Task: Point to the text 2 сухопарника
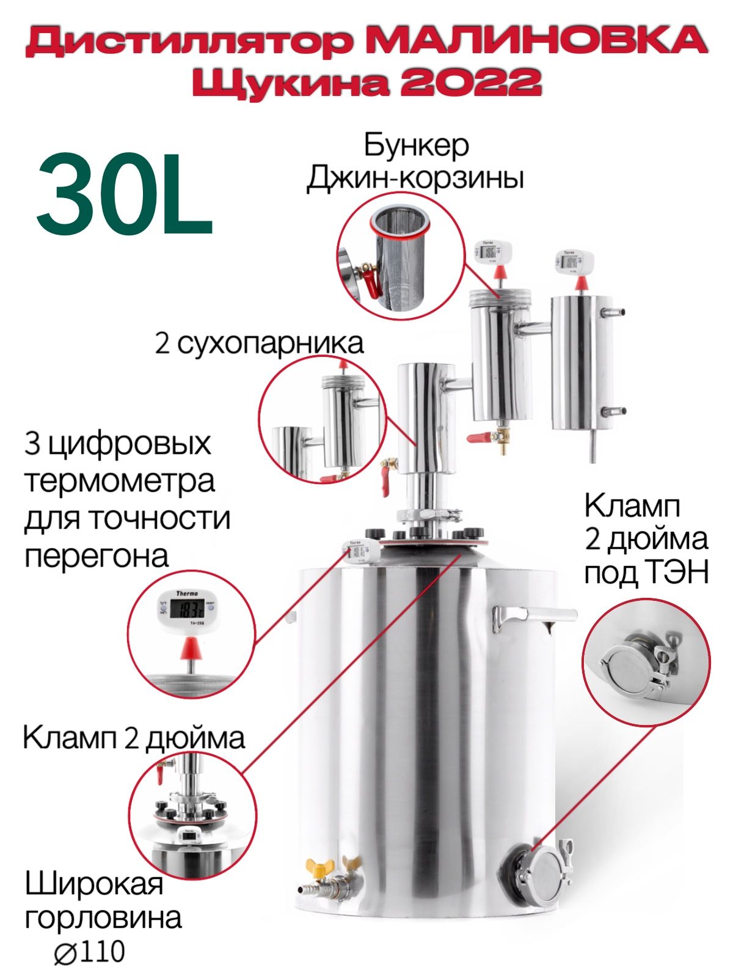(259, 344)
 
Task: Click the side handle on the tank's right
(534, 618)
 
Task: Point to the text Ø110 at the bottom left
(89, 952)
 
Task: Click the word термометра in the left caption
(119, 481)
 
